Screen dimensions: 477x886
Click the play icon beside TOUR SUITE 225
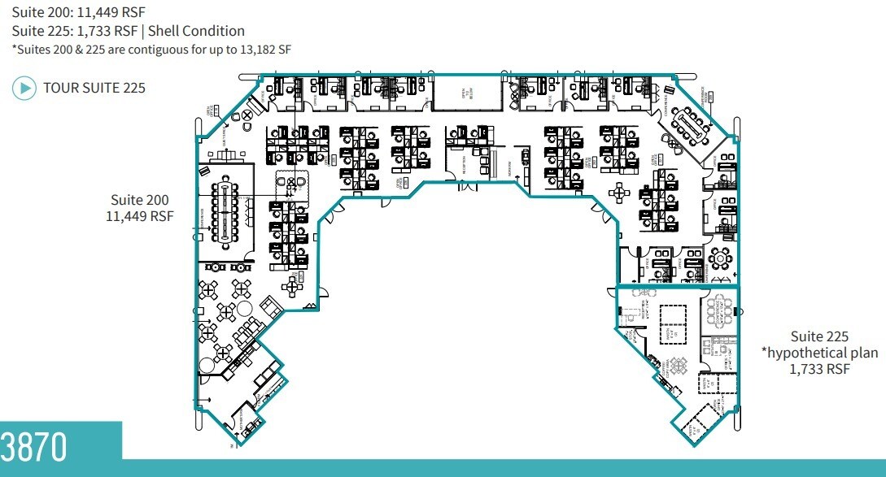[24, 88]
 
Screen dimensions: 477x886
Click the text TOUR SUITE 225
[94, 88]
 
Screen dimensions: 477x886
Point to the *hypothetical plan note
[819, 353]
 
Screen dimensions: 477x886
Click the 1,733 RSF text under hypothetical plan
[819, 369]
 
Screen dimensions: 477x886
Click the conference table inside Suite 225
[721, 310]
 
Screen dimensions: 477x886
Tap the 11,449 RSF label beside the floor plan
[140, 216]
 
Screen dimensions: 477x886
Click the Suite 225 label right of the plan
[819, 336]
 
